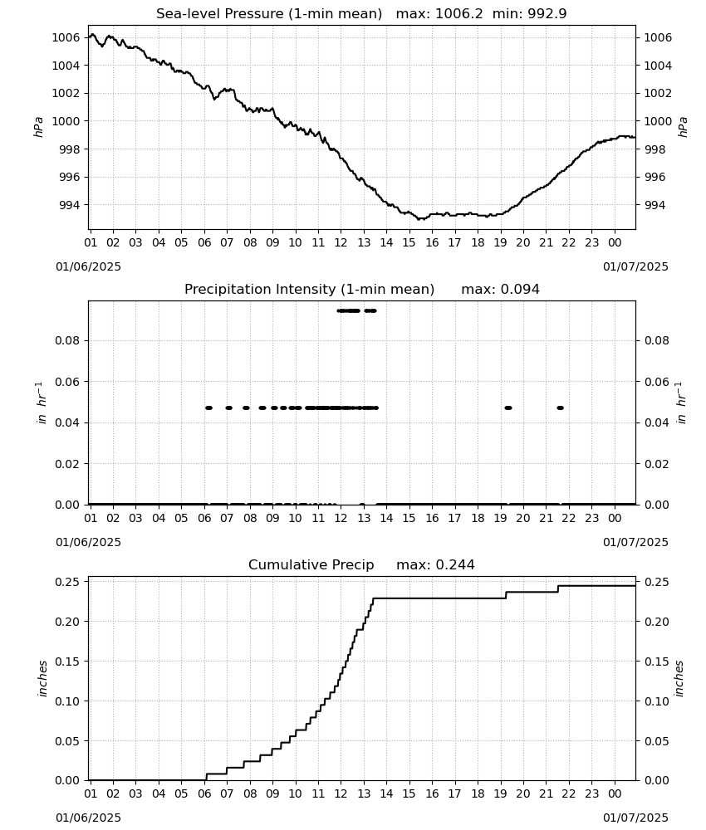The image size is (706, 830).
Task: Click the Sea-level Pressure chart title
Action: click(361, 14)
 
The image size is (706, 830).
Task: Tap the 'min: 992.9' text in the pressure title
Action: click(529, 14)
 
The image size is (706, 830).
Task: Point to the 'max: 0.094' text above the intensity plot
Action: click(500, 290)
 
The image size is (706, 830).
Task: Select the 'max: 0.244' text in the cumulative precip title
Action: click(435, 564)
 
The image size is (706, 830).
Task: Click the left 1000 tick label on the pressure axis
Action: click(66, 121)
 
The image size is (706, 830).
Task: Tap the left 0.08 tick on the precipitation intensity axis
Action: click(68, 340)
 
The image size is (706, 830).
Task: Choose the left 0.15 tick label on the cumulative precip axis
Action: click(68, 662)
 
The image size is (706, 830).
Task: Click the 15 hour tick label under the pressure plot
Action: click(409, 242)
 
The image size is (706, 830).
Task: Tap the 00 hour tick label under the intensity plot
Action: click(615, 518)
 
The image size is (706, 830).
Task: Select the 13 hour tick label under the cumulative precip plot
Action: click(363, 793)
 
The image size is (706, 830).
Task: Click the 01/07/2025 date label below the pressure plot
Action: click(635, 266)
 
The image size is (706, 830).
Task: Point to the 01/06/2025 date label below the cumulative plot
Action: click(88, 818)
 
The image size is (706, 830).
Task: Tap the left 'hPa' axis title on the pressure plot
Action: click(39, 127)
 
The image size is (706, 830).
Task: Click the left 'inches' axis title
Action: click(42, 678)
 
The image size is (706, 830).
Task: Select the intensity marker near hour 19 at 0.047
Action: click(508, 408)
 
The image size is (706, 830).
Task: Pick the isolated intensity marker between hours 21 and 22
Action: click(561, 408)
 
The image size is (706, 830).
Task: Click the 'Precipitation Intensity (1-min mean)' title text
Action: click(309, 290)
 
